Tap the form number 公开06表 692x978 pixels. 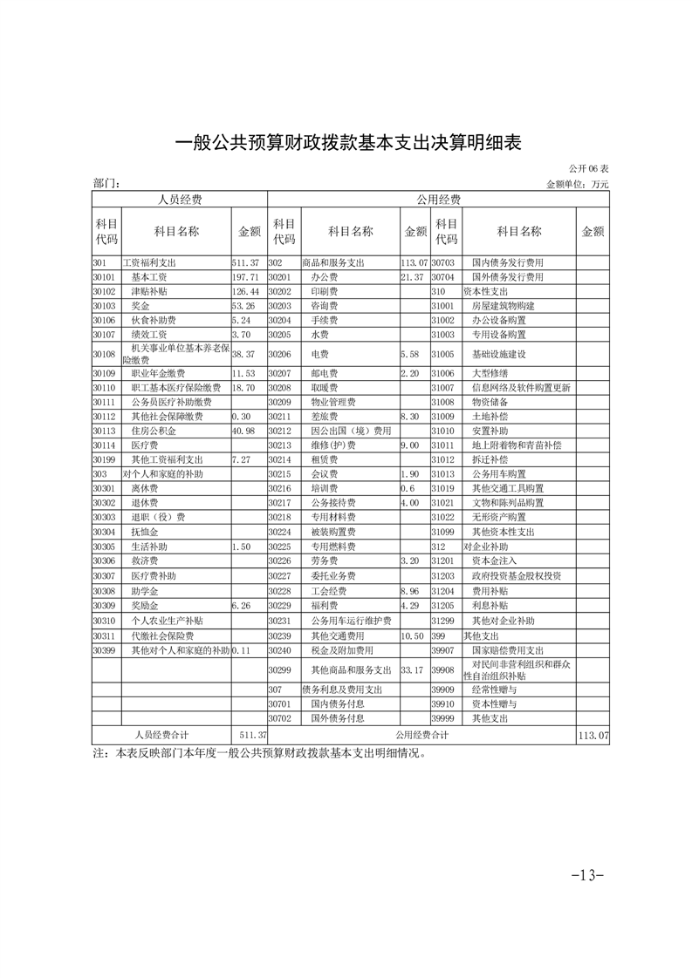tap(589, 168)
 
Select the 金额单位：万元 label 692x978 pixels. tap(577, 185)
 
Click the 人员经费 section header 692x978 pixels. tap(179, 200)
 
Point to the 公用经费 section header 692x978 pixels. tap(438, 200)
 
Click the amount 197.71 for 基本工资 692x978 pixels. tap(245, 276)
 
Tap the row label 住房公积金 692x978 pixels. tap(154, 431)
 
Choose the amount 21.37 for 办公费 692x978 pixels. tap(411, 276)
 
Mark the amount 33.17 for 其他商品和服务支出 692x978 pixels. tap(411, 670)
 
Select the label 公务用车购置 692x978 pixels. tap(498, 473)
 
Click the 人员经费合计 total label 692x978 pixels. tap(161, 736)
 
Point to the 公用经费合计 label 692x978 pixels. tap(421, 736)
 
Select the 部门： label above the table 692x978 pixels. tap(106, 185)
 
